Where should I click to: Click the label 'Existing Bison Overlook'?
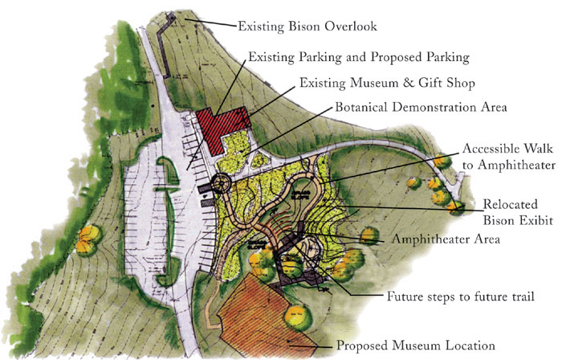click(x=307, y=26)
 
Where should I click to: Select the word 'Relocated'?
click(x=505, y=204)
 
